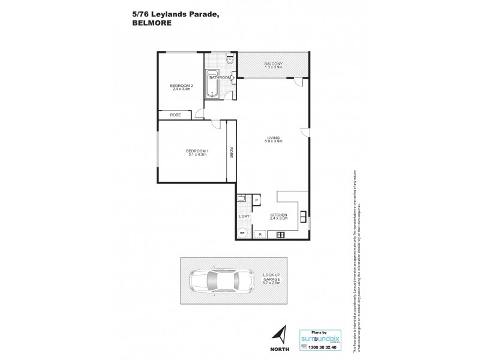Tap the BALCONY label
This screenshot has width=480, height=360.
tap(274, 64)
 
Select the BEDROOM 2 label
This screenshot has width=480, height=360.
tap(182, 86)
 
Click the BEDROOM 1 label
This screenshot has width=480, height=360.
tap(197, 151)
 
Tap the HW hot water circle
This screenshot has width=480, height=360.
tap(242, 233)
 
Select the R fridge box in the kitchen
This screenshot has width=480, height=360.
tap(260, 233)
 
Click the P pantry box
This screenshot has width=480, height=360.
tap(256, 200)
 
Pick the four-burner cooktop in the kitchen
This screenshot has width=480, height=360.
tap(280, 234)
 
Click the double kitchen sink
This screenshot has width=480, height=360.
tap(304, 215)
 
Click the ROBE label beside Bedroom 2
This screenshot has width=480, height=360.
tap(176, 115)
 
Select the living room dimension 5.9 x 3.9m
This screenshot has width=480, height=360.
tap(274, 142)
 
